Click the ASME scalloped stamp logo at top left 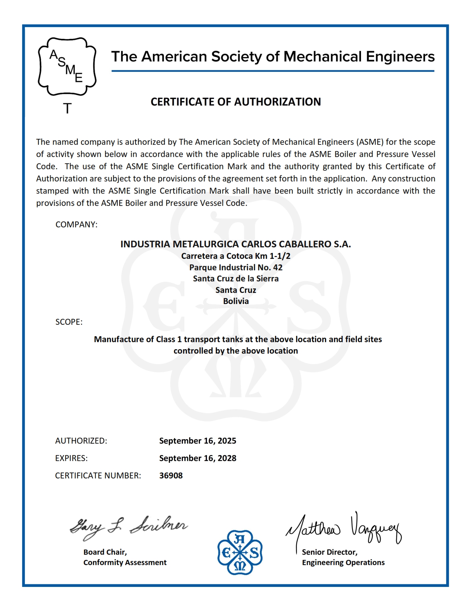67,67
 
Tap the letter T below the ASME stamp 67,108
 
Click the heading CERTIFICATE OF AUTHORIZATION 235,102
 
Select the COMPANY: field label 76,225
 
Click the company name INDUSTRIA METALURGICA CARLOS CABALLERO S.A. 235,244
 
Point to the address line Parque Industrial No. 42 235,267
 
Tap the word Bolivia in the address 235,301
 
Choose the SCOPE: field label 69,322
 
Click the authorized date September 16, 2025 197,441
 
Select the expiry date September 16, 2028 197,458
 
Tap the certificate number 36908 171,475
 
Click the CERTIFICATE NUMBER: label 98,475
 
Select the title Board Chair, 105,552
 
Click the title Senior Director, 329,552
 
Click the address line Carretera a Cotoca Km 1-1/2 235,256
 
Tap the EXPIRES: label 71,458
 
